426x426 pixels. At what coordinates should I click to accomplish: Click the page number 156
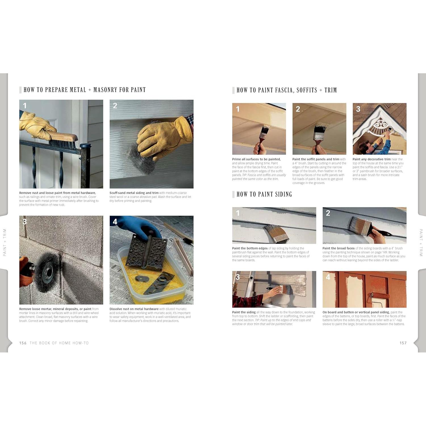tap(23, 343)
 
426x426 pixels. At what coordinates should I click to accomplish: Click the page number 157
tap(403, 343)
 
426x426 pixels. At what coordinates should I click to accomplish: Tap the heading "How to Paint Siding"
tap(264, 194)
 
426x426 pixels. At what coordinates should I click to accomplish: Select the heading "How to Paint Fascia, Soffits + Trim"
tap(287, 90)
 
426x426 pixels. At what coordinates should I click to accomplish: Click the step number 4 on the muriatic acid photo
tap(115, 222)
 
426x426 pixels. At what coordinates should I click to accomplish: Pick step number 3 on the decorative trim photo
tap(358, 109)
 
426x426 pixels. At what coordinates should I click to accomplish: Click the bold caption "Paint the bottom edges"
tap(250, 248)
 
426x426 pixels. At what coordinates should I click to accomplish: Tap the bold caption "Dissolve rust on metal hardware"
tap(134, 309)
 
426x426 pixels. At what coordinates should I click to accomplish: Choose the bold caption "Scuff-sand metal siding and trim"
tap(134, 193)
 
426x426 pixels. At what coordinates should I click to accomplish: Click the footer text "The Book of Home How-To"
tap(59, 343)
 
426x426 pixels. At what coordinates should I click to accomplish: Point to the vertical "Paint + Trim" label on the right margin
tap(421, 243)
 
